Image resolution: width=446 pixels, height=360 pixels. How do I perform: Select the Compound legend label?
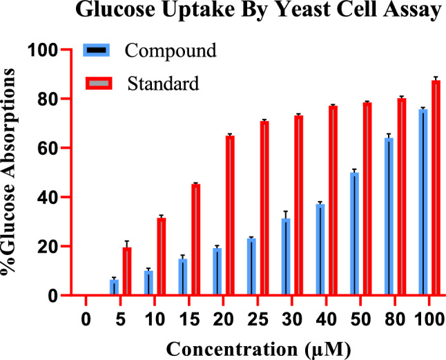[x=171, y=50]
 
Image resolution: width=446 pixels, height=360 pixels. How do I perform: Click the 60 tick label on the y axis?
[x=46, y=148]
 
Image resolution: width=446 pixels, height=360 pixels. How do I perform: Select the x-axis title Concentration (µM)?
[x=257, y=345]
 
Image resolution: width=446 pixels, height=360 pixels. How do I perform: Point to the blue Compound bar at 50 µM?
[x=354, y=234]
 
